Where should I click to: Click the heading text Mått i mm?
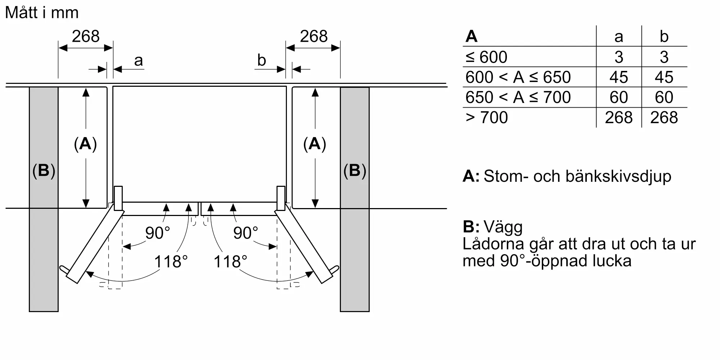click(42, 13)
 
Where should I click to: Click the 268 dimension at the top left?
click(86, 36)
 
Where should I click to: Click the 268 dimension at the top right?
click(314, 36)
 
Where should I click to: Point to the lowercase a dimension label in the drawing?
click(139, 61)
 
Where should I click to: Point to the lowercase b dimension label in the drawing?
click(262, 60)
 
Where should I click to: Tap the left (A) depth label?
click(85, 144)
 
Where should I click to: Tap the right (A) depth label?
click(315, 144)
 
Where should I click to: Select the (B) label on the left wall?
click(44, 171)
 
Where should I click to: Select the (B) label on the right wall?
click(355, 171)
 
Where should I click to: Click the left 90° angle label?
click(157, 233)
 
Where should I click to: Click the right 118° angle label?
click(230, 261)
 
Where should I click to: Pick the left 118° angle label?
click(171, 261)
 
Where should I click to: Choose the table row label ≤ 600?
click(486, 57)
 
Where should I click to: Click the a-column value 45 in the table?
click(618, 77)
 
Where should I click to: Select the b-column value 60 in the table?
click(664, 97)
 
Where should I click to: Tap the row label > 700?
click(487, 117)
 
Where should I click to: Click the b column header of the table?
click(664, 36)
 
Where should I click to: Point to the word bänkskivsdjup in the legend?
click(618, 177)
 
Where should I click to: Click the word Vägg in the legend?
click(503, 227)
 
